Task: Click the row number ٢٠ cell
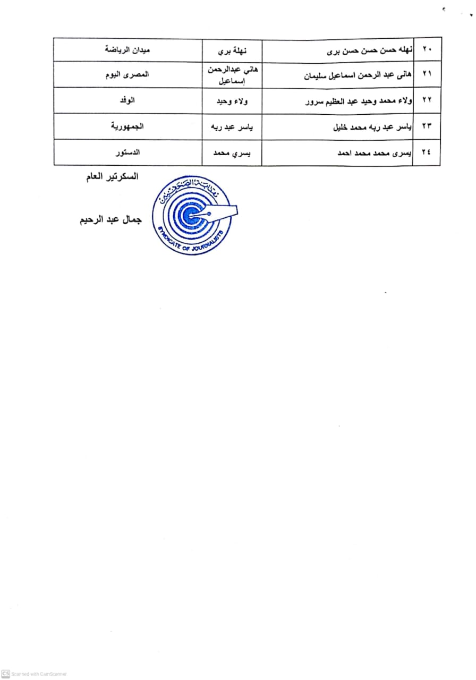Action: point(427,49)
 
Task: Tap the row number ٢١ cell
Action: point(427,75)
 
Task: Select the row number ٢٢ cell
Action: point(427,101)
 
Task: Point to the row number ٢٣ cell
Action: point(427,127)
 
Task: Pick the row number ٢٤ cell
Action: point(427,152)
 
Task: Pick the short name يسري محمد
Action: point(232,152)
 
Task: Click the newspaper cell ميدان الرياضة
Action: point(127,49)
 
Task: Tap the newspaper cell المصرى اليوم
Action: point(127,75)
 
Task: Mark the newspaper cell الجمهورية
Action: point(127,127)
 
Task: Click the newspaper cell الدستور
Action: point(127,152)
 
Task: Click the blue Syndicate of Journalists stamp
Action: point(194,215)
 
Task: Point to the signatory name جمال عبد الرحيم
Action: point(108,220)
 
